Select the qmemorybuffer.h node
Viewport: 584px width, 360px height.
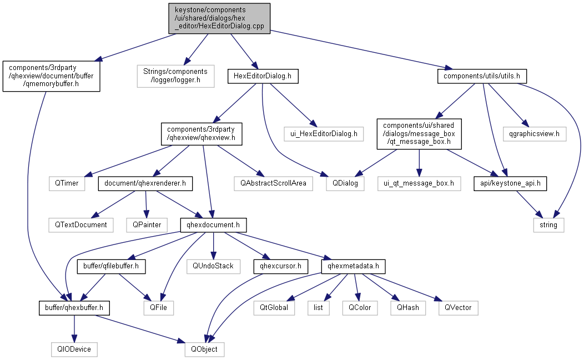click(x=51, y=76)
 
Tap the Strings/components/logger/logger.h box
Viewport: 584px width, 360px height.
click(x=175, y=76)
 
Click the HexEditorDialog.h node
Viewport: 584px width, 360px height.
click(x=263, y=76)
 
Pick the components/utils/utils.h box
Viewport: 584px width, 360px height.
click(x=481, y=76)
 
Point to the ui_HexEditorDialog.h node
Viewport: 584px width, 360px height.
click(x=323, y=133)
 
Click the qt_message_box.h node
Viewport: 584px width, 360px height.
click(x=419, y=133)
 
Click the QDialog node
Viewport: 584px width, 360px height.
click(x=345, y=183)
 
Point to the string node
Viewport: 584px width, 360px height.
click(x=548, y=225)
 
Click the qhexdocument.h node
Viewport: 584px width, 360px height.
click(x=213, y=225)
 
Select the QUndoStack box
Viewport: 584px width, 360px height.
click(x=213, y=266)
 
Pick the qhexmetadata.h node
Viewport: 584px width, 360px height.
click(x=353, y=266)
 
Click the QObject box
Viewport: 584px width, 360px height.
click(x=204, y=349)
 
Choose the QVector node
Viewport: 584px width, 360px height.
click(x=457, y=307)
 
